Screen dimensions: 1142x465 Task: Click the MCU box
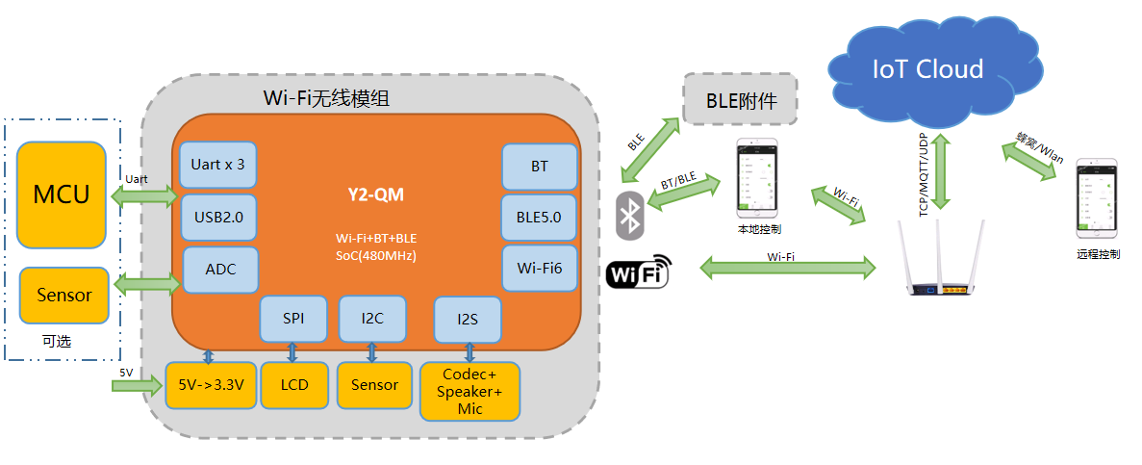tap(62, 194)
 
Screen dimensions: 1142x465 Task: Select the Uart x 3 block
tap(217, 165)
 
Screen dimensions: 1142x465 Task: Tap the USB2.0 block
tap(217, 217)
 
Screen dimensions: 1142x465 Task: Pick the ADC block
tap(220, 270)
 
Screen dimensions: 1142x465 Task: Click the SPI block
tap(293, 320)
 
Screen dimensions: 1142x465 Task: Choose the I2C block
tap(372, 320)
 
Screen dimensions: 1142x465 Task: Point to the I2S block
tap(468, 320)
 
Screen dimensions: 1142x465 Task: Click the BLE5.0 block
tap(540, 218)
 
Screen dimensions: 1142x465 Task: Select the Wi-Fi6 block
tap(540, 269)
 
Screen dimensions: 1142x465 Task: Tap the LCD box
tap(294, 384)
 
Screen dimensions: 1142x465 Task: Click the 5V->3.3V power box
tap(211, 384)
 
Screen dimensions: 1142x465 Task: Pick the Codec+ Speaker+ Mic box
tap(470, 392)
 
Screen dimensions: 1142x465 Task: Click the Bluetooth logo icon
tap(631, 217)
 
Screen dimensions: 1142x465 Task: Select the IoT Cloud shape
tap(927, 68)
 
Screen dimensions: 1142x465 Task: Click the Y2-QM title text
tap(376, 195)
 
